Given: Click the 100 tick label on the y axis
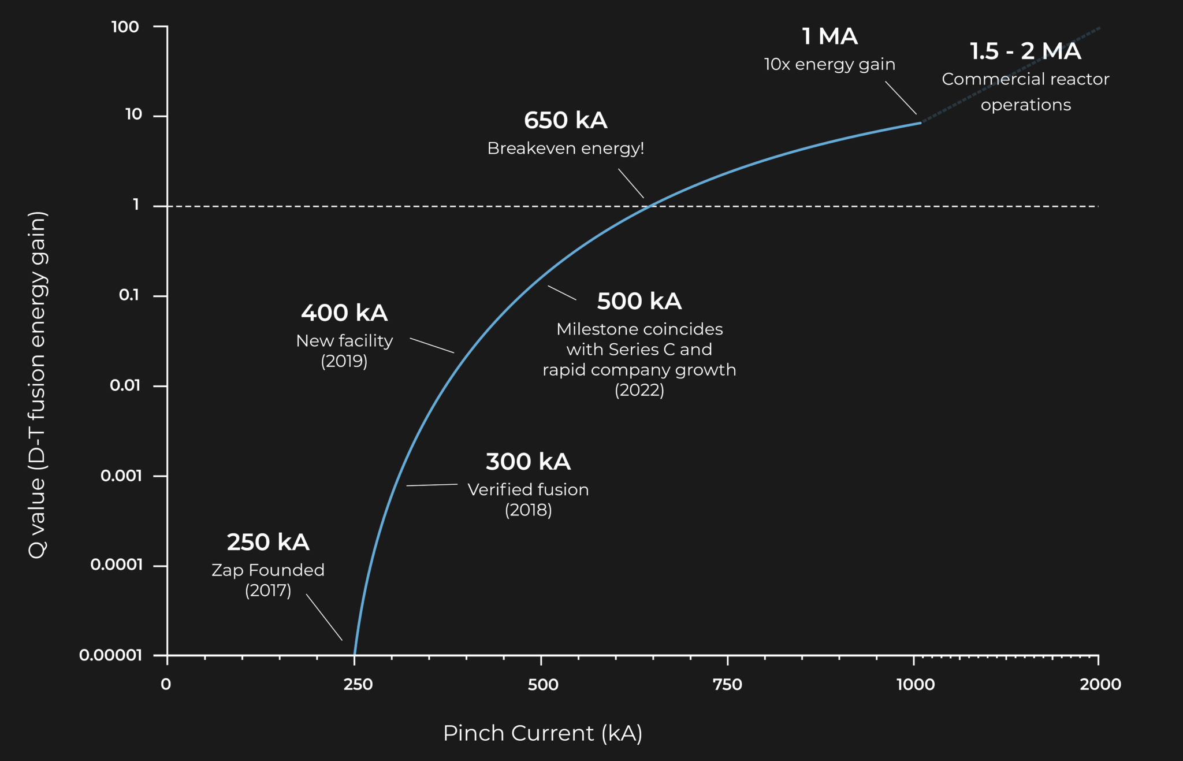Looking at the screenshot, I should click(x=125, y=27).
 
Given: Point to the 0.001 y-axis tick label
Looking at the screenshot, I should click(x=121, y=476).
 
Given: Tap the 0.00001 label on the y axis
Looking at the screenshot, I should click(x=110, y=655).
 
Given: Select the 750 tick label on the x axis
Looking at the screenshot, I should click(x=727, y=685).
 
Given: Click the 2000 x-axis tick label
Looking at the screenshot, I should click(x=1100, y=685).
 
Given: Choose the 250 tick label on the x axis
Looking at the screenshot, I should click(x=358, y=685).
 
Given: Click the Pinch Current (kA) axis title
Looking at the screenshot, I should click(x=542, y=733).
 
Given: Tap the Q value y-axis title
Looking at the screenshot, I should click(x=38, y=384).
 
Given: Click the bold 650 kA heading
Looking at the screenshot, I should click(x=566, y=121).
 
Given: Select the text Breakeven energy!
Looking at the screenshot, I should click(x=566, y=149).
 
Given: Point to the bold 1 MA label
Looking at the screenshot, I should click(x=829, y=37).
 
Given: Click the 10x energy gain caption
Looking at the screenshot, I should click(x=829, y=64).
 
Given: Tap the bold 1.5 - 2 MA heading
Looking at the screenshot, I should click(x=1025, y=51).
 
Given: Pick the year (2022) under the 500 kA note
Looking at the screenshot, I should click(x=639, y=390).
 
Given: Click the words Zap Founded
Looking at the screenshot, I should click(x=268, y=570).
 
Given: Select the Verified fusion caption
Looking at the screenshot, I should click(x=528, y=490).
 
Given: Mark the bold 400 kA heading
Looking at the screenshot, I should click(x=344, y=313).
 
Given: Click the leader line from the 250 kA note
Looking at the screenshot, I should click(x=324, y=617).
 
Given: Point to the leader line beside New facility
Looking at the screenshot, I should click(x=432, y=346).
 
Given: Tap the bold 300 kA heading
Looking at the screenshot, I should click(x=528, y=462).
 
